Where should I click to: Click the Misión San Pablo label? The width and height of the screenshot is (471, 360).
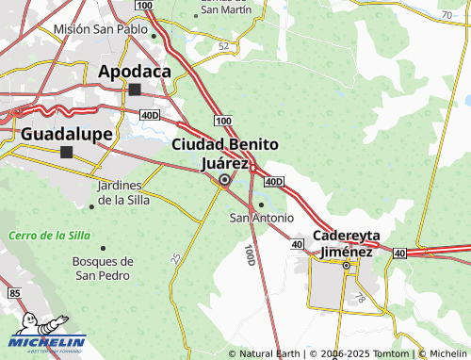100,29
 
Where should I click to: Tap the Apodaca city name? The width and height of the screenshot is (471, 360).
134,71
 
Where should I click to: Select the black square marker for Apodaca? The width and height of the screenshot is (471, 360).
135,90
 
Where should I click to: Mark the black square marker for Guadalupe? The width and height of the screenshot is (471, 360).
66,152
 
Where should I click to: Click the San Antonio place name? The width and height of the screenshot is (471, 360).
262,219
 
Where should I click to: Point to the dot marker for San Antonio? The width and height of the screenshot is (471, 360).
261,205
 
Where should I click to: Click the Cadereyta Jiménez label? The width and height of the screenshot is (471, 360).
345,244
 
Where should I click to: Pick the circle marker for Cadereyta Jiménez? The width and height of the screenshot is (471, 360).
347,266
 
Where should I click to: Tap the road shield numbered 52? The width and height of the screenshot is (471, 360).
223,45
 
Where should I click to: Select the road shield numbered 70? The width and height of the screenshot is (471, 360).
446,16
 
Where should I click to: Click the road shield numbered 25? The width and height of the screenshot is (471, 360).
176,256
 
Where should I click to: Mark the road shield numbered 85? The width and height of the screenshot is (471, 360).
12,295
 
